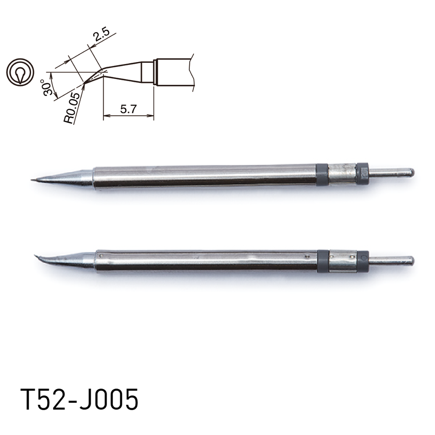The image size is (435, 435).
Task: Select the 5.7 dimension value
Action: (127, 109)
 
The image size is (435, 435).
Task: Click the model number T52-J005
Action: (79, 400)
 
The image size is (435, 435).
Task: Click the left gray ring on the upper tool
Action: (322, 174)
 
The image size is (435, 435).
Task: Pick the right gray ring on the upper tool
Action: (362, 173)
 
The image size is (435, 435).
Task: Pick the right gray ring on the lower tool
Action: (363, 260)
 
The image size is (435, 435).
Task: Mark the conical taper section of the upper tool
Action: (72, 177)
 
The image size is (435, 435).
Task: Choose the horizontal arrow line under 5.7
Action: (128, 116)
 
